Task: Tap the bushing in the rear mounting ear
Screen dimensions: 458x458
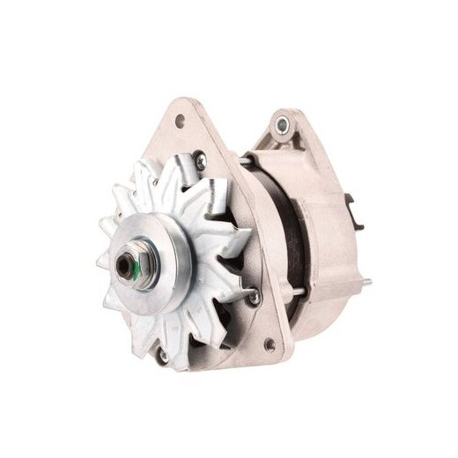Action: (x=282, y=124)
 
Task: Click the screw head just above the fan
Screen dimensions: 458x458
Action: (x=201, y=162)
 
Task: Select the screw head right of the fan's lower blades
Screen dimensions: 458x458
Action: (x=255, y=299)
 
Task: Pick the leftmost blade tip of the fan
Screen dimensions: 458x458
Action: (x=101, y=263)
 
